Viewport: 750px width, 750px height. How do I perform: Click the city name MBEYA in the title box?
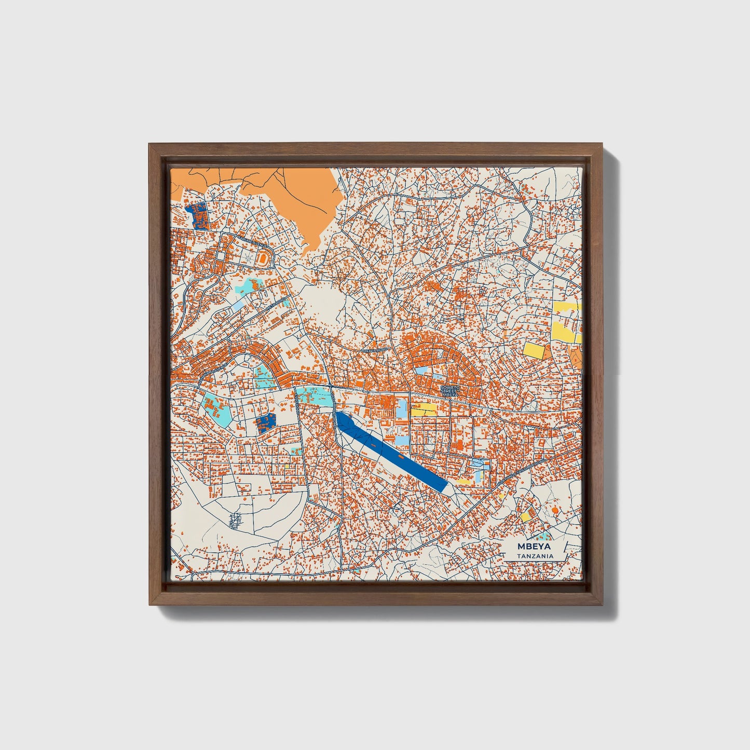click(534, 547)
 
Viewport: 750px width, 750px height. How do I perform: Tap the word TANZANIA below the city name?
click(535, 556)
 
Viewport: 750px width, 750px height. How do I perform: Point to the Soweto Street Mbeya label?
click(449, 391)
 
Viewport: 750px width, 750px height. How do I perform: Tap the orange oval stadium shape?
click(265, 257)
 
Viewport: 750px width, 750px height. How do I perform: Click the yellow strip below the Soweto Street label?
click(424, 410)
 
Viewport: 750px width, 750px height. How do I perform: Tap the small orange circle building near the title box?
click(555, 511)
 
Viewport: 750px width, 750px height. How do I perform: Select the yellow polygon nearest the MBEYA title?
click(526, 517)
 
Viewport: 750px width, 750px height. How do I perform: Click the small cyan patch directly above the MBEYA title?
click(544, 535)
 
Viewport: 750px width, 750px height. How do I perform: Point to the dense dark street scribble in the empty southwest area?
click(236, 519)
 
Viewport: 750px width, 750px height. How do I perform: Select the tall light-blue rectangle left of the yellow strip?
click(401, 409)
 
